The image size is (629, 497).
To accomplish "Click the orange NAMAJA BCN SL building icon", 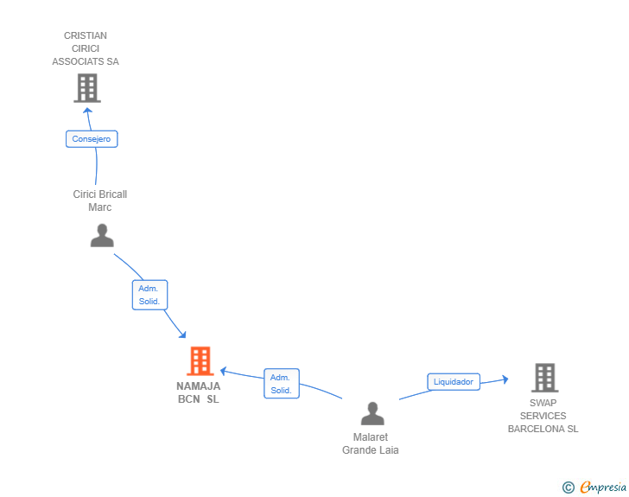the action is pyautogui.click(x=200, y=361).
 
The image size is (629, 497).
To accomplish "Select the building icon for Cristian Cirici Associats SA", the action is pyautogui.click(x=87, y=88).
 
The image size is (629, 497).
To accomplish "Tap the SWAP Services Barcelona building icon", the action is pyautogui.click(x=544, y=378).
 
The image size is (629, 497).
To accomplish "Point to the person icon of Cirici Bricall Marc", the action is pyautogui.click(x=102, y=235).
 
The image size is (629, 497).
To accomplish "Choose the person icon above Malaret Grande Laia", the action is pyautogui.click(x=372, y=413).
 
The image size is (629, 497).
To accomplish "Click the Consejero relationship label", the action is pyautogui.click(x=92, y=139).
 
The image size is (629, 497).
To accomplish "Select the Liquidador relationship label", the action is pyautogui.click(x=454, y=382).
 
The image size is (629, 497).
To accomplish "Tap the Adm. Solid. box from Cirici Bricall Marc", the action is pyautogui.click(x=149, y=295).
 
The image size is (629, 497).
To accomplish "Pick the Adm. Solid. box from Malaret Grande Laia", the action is pyautogui.click(x=281, y=384).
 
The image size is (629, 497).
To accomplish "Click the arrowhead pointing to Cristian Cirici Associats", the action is pyautogui.click(x=87, y=111).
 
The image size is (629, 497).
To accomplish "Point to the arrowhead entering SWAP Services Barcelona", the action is pyautogui.click(x=505, y=379).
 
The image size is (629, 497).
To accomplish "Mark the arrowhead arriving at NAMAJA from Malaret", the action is pyautogui.click(x=224, y=372).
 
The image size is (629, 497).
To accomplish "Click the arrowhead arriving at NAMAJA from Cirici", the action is pyautogui.click(x=182, y=334).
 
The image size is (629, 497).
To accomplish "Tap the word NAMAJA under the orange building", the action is pyautogui.click(x=199, y=386).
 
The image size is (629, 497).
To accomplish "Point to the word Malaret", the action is pyautogui.click(x=371, y=437).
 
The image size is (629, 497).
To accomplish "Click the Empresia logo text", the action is pyautogui.click(x=603, y=487).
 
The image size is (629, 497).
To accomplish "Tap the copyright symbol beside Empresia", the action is pyautogui.click(x=568, y=487).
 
